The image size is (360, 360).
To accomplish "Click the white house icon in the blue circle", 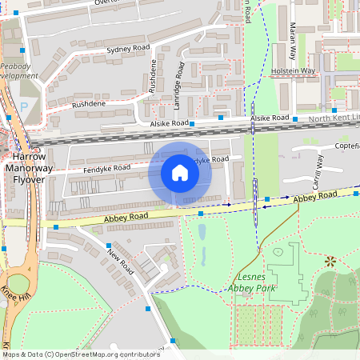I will [180, 173].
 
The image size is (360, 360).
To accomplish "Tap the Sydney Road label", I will [128, 50].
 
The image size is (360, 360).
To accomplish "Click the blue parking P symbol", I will [23, 106].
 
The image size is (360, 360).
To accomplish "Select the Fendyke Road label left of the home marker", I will [106, 169].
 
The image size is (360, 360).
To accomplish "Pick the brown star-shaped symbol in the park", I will [330, 261].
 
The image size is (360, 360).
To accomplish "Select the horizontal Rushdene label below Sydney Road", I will [88, 104].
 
